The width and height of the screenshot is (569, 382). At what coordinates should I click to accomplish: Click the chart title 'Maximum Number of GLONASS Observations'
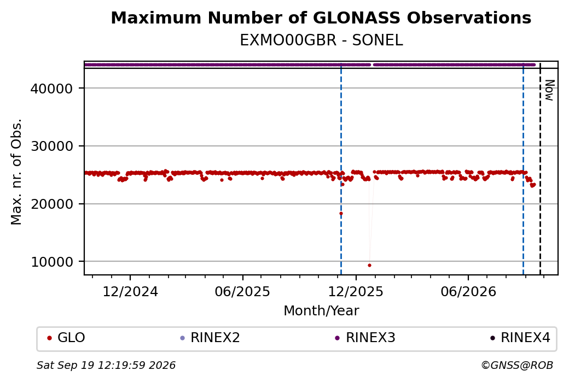coord(321,17)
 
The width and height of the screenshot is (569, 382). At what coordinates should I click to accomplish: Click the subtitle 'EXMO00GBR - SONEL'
coord(321,40)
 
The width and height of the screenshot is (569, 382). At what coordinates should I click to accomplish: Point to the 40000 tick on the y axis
coord(52,89)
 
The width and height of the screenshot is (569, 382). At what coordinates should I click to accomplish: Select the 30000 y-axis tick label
coord(52,146)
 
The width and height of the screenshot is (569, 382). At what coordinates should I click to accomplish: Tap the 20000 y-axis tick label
coord(52,204)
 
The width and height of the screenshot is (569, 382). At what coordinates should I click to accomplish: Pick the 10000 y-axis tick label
coord(52,262)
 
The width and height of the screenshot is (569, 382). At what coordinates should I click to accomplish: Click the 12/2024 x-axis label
coord(130,291)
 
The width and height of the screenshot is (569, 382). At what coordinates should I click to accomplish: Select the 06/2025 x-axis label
coord(242,291)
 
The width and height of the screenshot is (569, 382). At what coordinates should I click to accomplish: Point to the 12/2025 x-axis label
coord(356,291)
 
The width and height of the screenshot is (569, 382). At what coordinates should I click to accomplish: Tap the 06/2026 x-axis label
coord(468,291)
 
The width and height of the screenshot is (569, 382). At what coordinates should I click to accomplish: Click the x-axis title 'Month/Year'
coord(321,310)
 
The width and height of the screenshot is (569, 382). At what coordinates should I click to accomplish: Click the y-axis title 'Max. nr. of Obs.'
coord(16,172)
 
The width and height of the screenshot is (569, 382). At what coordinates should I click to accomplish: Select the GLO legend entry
coord(66,338)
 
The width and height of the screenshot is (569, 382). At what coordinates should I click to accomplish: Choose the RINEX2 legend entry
coord(210,338)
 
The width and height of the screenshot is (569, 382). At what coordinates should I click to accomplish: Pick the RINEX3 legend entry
coord(365,338)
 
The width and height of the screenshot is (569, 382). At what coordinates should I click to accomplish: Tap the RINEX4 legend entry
coord(520,338)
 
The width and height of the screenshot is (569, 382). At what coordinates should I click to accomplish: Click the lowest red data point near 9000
coord(369,265)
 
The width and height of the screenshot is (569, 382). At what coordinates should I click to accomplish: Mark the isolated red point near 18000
coord(341,214)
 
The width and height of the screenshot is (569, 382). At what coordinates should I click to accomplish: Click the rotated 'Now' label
coord(550,90)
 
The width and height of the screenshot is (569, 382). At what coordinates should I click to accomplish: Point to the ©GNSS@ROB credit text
coord(517,365)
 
